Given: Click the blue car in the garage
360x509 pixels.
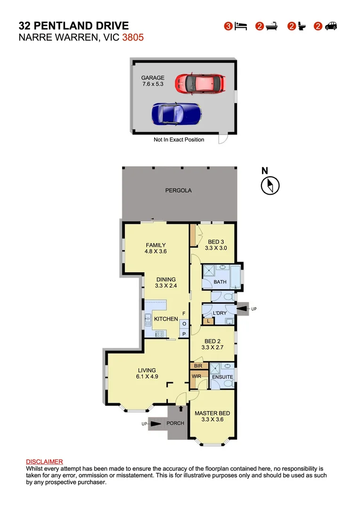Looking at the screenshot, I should click(x=176, y=114).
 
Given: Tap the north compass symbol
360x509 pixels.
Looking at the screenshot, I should click(x=270, y=184).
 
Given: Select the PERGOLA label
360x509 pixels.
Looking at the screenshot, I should click(x=178, y=191).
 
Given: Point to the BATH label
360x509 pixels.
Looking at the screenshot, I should click(x=220, y=282).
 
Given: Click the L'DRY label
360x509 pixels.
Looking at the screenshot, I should click(x=220, y=313).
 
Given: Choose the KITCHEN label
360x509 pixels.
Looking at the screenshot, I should click(x=166, y=319).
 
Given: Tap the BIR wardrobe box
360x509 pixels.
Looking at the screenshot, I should click(x=198, y=366).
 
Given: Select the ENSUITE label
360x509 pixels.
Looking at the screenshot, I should click(x=222, y=377).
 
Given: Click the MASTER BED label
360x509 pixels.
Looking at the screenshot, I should click(x=212, y=413).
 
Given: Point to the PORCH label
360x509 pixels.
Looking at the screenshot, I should click(x=175, y=423).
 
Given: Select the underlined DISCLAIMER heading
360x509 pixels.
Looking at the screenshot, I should click(x=44, y=462).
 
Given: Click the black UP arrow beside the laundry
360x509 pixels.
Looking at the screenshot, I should click(x=241, y=309).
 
